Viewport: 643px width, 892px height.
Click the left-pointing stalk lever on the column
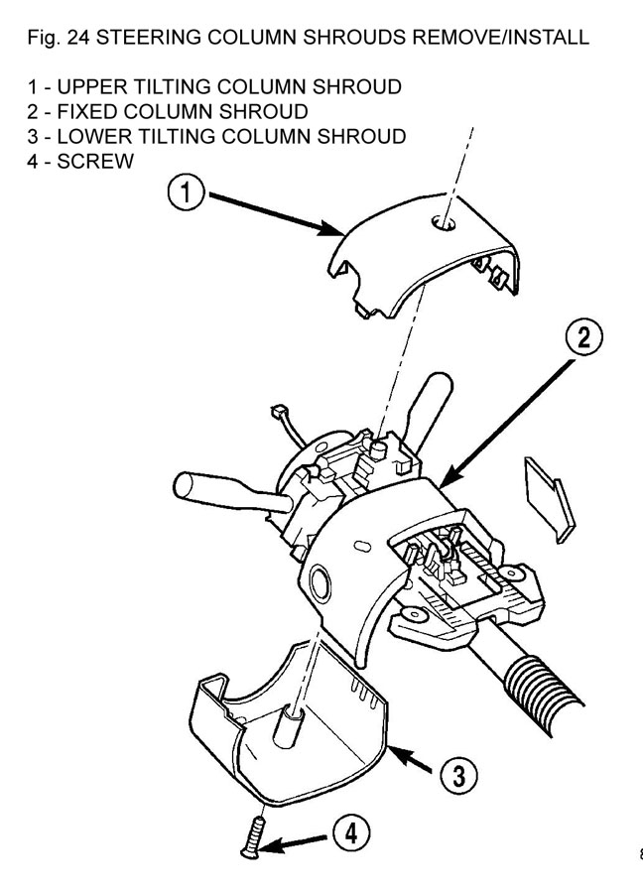213,490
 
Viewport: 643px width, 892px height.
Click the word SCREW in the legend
99,162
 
